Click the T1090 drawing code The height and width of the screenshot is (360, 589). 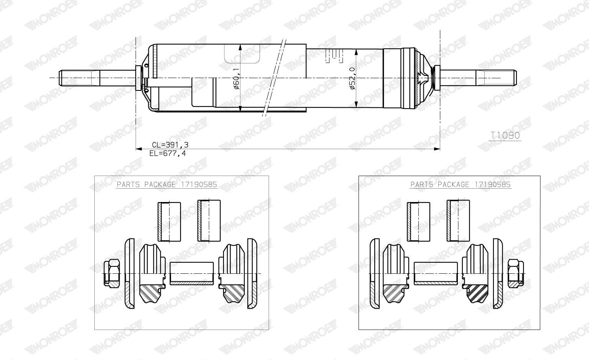pyautogui.click(x=505, y=135)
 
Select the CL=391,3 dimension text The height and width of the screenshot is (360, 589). pyautogui.click(x=170, y=145)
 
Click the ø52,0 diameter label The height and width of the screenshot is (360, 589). pyautogui.click(x=352, y=79)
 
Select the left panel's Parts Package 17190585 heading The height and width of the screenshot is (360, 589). pyautogui.click(x=167, y=184)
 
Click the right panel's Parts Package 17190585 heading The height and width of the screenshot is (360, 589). pyautogui.click(x=461, y=184)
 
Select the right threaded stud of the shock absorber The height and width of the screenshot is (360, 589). pyautogui.click(x=495, y=78)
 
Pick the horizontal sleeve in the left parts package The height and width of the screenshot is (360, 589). pyautogui.click(x=191, y=273)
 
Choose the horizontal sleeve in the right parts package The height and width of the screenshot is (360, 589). pyautogui.click(x=436, y=273)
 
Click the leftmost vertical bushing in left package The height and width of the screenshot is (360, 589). pyautogui.click(x=169, y=221)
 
